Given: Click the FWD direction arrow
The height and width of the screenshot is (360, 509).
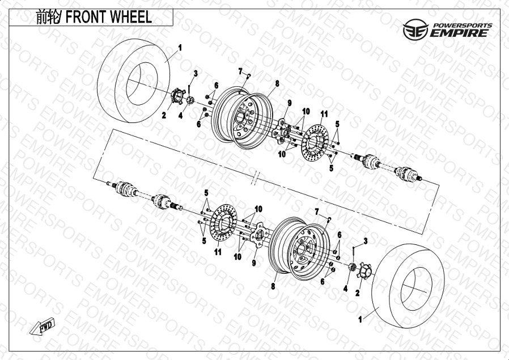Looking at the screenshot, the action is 43,326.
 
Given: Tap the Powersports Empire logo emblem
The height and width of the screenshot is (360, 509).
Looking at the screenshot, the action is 415,29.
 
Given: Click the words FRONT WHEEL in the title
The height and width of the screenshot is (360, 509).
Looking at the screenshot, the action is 109,17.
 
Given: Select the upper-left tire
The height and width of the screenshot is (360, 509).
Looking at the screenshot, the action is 134,81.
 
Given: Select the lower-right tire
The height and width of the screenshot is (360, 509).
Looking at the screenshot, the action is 408,287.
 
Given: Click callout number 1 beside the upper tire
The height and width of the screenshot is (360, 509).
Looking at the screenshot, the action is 180,48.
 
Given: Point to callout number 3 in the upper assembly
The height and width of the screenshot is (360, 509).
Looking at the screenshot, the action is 196,73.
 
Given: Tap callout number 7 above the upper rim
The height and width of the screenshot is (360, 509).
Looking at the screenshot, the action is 240,71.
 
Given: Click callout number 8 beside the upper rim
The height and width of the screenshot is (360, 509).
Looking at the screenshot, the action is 277,83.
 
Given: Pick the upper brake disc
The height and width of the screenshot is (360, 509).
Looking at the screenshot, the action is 315,143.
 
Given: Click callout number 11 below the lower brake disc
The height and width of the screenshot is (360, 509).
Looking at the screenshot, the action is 218,252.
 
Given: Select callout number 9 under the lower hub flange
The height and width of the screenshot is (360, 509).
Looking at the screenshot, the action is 254,262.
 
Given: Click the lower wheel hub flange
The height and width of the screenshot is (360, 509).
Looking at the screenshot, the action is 260,235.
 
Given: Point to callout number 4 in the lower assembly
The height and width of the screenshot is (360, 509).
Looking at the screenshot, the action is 345,288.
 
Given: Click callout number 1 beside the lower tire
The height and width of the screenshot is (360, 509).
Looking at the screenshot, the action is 360,319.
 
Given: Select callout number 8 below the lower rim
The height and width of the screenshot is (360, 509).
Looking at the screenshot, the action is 273,286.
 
